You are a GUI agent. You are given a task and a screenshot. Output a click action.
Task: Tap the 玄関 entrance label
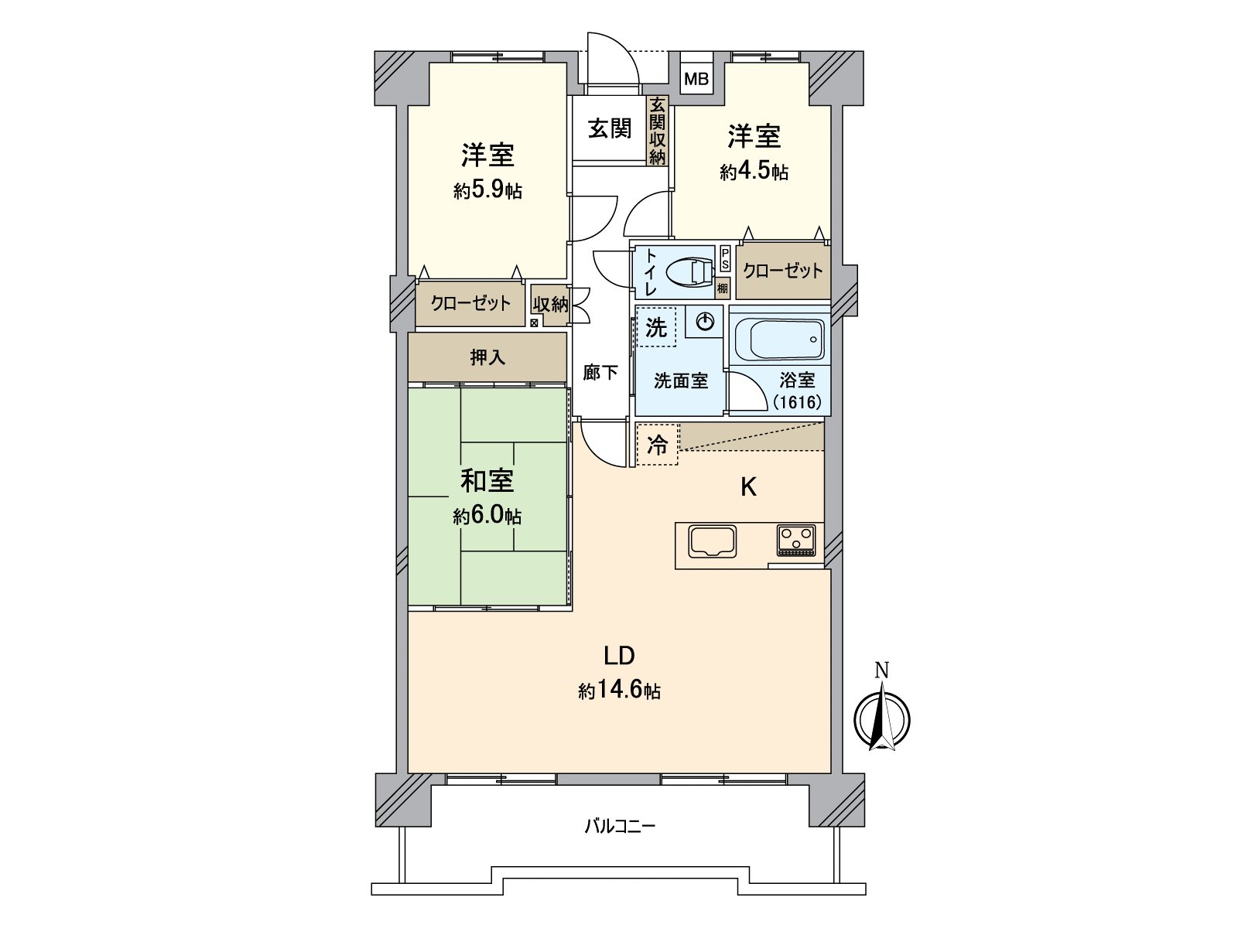[610, 128]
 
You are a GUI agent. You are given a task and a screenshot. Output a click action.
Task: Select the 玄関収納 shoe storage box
[657, 130]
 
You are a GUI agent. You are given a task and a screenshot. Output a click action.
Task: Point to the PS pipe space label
[725, 259]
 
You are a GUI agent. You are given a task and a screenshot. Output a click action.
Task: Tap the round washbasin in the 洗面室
[705, 321]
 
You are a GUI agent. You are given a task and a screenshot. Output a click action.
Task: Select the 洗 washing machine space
[655, 327]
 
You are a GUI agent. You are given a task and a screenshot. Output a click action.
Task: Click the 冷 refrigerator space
[657, 445]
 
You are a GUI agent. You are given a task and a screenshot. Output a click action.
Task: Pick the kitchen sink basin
[713, 542]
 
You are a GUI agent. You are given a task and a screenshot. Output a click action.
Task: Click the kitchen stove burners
[796, 539]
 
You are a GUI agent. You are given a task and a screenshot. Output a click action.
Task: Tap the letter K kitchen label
[748, 487]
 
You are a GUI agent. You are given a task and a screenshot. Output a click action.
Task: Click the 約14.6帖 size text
[619, 691]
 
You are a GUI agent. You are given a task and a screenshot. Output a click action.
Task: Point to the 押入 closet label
[487, 357]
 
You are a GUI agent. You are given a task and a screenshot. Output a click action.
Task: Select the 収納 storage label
[550, 304]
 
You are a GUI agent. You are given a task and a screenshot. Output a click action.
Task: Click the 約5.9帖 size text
[487, 190]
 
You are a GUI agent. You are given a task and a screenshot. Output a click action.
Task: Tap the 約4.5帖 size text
[754, 172]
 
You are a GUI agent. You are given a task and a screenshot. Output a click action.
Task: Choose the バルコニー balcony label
[619, 826]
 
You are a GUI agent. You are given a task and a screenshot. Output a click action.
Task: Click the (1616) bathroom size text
[797, 402]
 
